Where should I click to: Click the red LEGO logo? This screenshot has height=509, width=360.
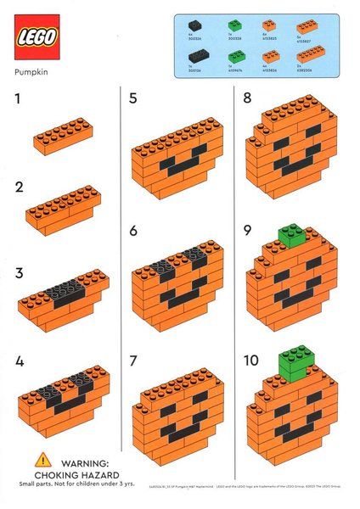(37, 36)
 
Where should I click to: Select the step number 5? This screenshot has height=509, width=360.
(132, 98)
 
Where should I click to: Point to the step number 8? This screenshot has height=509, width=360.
(247, 98)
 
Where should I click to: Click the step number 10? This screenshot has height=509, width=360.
(250, 360)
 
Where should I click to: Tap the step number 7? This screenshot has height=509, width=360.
(132, 360)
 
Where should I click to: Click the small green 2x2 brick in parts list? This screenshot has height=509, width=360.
(236, 26)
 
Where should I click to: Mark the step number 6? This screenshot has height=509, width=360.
(132, 230)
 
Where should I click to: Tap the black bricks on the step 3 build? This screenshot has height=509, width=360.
(64, 291)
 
